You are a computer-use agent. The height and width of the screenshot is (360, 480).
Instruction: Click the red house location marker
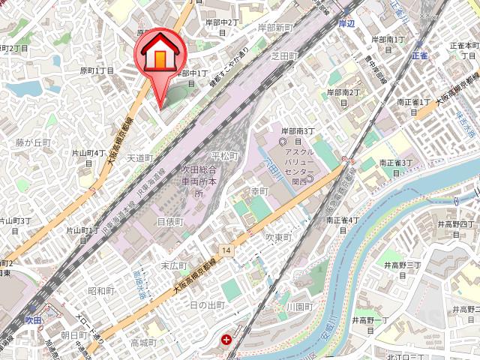pyautogui.click(x=159, y=57)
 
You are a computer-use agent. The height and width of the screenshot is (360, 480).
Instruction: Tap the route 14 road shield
pyautogui.click(x=226, y=249)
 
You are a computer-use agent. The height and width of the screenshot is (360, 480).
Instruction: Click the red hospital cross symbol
pyautogui.click(x=226, y=340)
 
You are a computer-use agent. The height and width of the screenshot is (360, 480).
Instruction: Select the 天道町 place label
pyautogui.click(x=139, y=158)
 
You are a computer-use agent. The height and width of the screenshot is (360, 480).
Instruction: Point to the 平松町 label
pyautogui.click(x=225, y=156)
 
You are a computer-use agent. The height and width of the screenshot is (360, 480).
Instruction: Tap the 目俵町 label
pyautogui.click(x=169, y=222)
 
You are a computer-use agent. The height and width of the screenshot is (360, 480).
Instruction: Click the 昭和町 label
pyautogui.click(x=101, y=290)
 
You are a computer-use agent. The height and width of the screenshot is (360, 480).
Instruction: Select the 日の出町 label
pyautogui.click(x=207, y=305)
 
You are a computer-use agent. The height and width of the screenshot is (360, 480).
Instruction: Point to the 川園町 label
pyautogui.click(x=298, y=307)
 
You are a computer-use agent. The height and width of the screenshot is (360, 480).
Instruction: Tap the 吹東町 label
pyautogui.click(x=277, y=236)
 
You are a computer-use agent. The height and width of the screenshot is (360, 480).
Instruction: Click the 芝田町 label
pyautogui.click(x=285, y=56)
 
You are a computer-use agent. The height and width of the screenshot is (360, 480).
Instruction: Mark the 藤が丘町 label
pyautogui.click(x=33, y=142)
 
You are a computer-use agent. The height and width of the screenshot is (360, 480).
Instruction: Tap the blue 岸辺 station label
pyautogui.click(x=346, y=23)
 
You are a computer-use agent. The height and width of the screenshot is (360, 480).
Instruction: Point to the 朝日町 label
pyautogui.click(x=74, y=334)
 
